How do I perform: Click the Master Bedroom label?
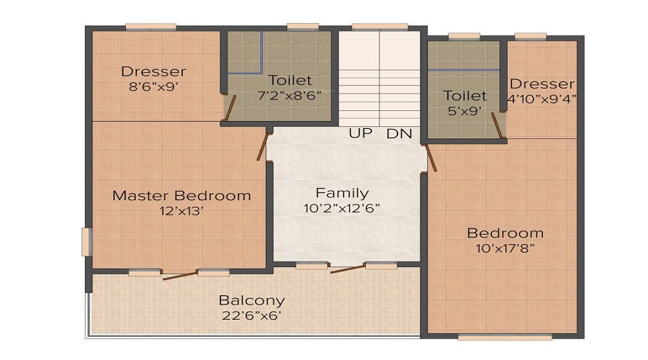(181, 195)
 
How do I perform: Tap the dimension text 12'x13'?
(181, 211)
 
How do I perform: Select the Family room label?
(342, 193)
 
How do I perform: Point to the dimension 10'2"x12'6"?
(342, 209)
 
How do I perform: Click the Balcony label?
(251, 300)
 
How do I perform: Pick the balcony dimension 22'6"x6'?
(251, 315)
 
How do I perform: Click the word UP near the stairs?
(360, 133)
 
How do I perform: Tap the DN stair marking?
(398, 133)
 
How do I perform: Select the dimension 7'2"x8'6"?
(289, 94)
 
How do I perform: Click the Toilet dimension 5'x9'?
(464, 111)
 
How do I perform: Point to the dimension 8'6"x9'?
(153, 86)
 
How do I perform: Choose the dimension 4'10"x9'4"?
(542, 98)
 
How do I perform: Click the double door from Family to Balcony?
(346, 269)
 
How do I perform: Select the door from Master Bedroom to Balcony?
(179, 274)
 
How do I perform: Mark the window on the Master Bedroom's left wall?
(86, 241)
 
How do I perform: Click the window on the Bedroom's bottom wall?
(504, 336)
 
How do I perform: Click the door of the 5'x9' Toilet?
(498, 125)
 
